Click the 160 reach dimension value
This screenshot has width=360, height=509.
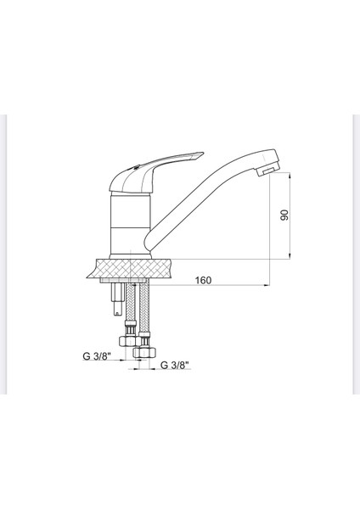coord(201,279)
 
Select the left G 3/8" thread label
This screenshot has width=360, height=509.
coord(98,357)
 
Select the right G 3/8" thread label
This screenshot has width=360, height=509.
coord(174,365)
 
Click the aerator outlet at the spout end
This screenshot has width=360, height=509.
coord(266,172)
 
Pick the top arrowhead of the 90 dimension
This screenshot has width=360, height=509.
coord(289,172)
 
